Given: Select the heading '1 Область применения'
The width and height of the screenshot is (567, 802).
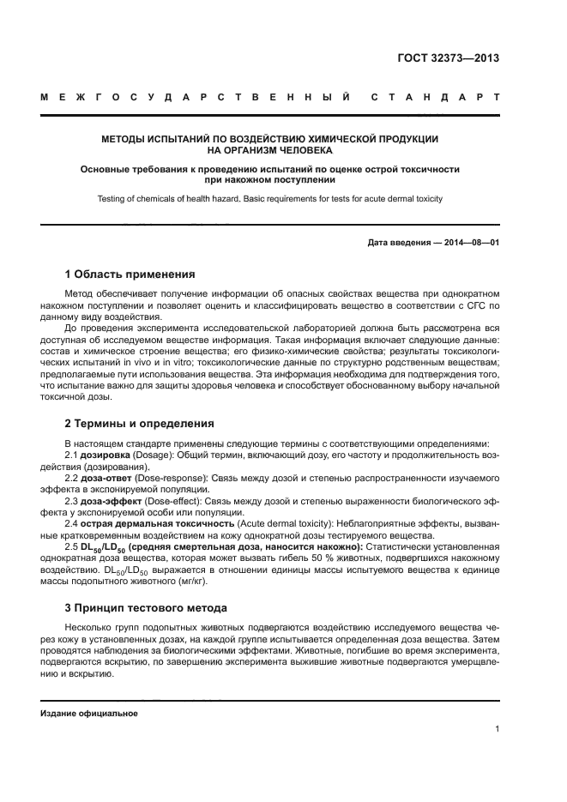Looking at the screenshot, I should [130, 274].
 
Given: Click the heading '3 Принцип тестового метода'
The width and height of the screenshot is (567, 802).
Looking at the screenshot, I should [146, 608].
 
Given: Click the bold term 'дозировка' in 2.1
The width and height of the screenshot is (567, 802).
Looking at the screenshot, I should [106, 454].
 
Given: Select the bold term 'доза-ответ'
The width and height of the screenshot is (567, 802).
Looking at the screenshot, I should [112, 476].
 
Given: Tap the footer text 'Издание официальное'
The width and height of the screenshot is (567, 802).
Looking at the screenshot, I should [89, 713].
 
